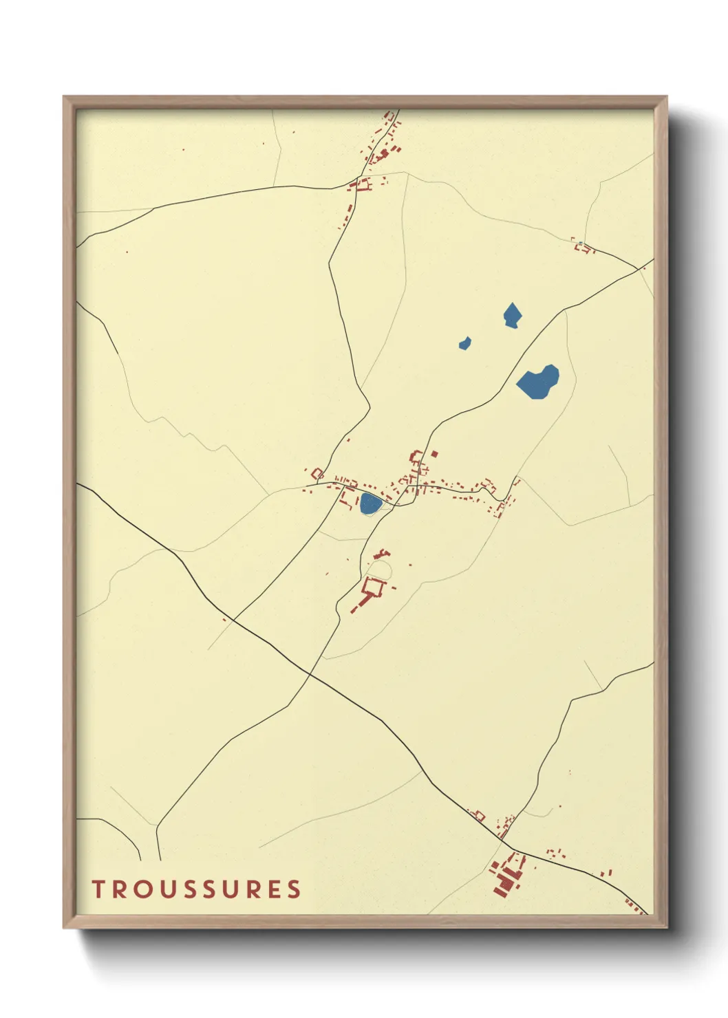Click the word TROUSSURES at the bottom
click(197, 889)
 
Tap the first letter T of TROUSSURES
click(98, 889)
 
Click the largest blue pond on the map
click(538, 382)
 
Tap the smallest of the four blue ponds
click(465, 343)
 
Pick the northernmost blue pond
click(512, 316)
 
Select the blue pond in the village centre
click(370, 503)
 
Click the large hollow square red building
click(374, 587)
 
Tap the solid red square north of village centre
click(434, 453)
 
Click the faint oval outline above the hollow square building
click(380, 569)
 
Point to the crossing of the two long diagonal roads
click(310, 675)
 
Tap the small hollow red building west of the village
click(317, 473)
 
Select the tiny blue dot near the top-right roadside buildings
click(579, 243)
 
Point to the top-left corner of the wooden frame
click(64, 97)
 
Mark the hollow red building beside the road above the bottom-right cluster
click(479, 816)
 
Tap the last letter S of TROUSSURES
click(294, 889)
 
